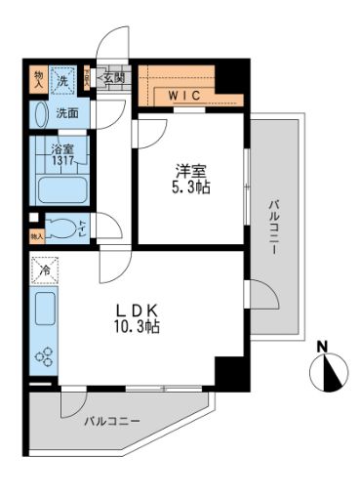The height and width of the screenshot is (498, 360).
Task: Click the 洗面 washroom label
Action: pos(66,113)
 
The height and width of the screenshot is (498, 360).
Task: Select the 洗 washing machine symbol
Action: pos(61,80)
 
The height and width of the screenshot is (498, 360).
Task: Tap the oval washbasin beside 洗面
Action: pos(39,113)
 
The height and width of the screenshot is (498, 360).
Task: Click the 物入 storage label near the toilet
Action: pos(37,235)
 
